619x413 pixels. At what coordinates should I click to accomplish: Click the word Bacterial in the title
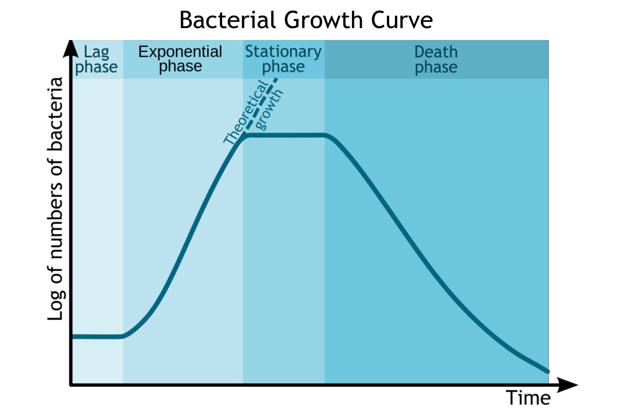227,20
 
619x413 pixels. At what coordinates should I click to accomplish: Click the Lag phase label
96,59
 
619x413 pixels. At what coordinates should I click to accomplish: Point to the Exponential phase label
180,59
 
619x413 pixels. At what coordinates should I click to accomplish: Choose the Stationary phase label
283,59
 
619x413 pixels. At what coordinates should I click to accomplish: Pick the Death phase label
436,59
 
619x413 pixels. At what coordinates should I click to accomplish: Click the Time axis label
528,398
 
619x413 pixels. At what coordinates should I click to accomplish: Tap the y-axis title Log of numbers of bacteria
56,198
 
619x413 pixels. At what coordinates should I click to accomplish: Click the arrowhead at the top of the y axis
71,48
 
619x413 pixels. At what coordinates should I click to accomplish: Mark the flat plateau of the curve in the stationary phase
285,135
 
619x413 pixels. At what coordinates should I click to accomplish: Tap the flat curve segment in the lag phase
97,337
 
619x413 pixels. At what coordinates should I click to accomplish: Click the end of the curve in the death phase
547,371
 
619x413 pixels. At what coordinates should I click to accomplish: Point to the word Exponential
180,52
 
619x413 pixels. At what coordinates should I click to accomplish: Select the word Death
436,52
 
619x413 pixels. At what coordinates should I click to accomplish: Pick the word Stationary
283,52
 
